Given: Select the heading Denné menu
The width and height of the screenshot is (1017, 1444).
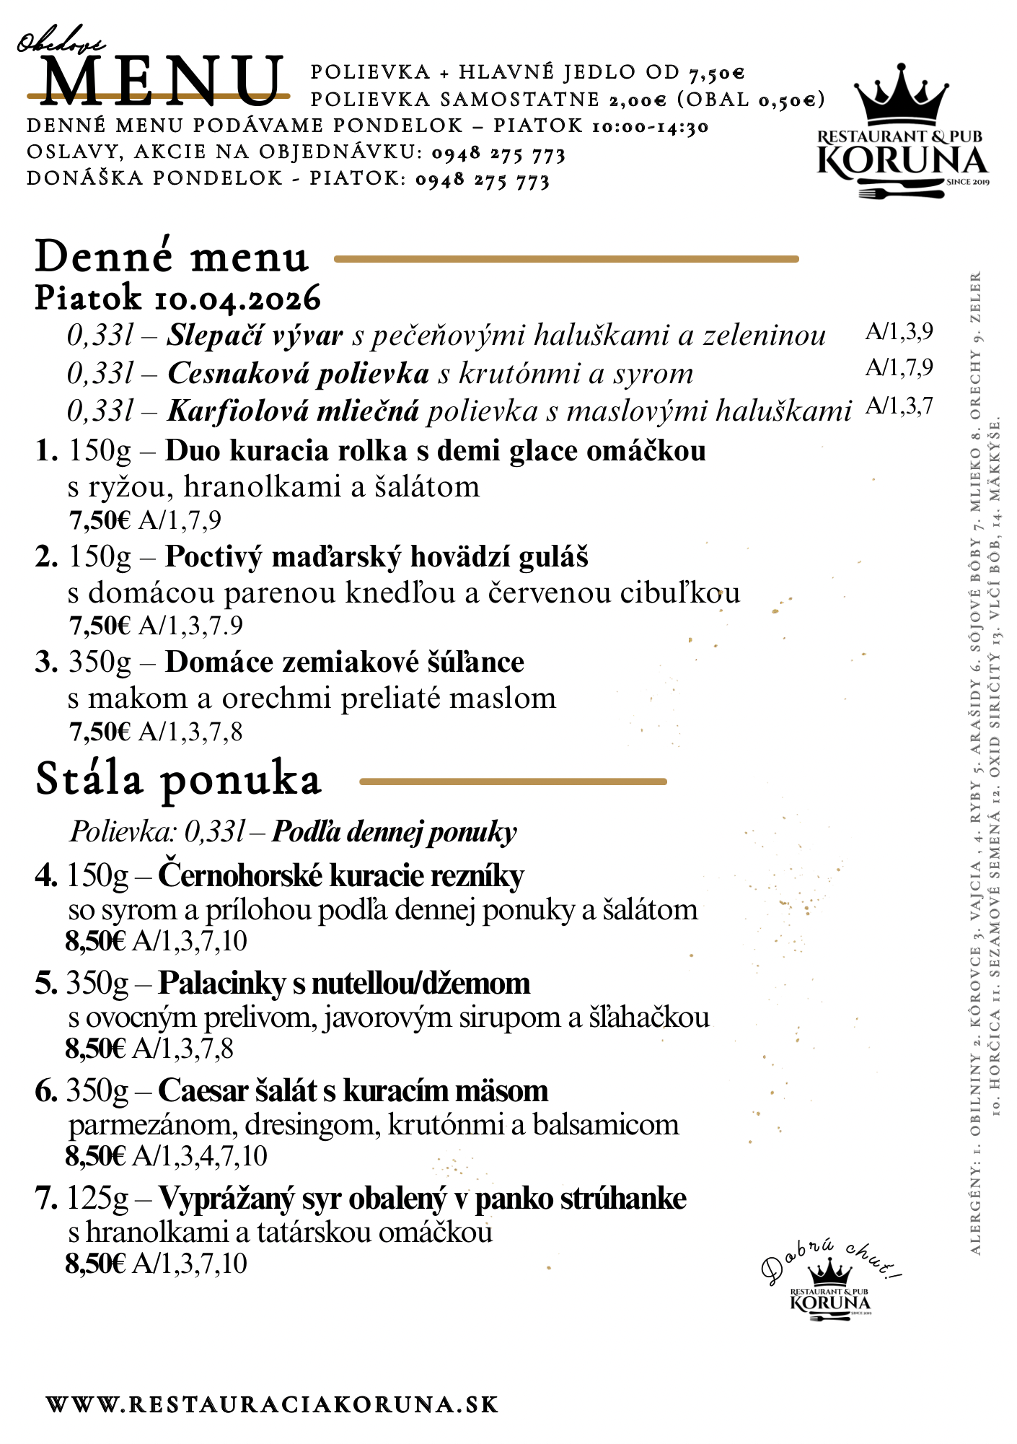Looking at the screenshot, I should [172, 258].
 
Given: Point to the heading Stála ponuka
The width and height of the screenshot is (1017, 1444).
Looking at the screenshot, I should [178, 779].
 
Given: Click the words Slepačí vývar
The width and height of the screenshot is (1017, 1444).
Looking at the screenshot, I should [255, 336].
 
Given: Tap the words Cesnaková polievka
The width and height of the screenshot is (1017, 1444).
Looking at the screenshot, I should [298, 373].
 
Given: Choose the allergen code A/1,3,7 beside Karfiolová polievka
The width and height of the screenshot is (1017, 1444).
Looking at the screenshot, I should [899, 406].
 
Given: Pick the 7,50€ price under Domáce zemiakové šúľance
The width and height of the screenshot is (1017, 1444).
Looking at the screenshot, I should [100, 732].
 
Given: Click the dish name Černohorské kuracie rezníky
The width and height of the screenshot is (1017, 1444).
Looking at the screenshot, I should [340, 875].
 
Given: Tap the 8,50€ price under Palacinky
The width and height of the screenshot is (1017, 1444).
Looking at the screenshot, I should [95, 1049].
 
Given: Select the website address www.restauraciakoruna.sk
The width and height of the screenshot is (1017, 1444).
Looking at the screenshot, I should [273, 1404].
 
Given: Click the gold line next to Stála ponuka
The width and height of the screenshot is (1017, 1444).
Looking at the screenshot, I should [513, 781].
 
